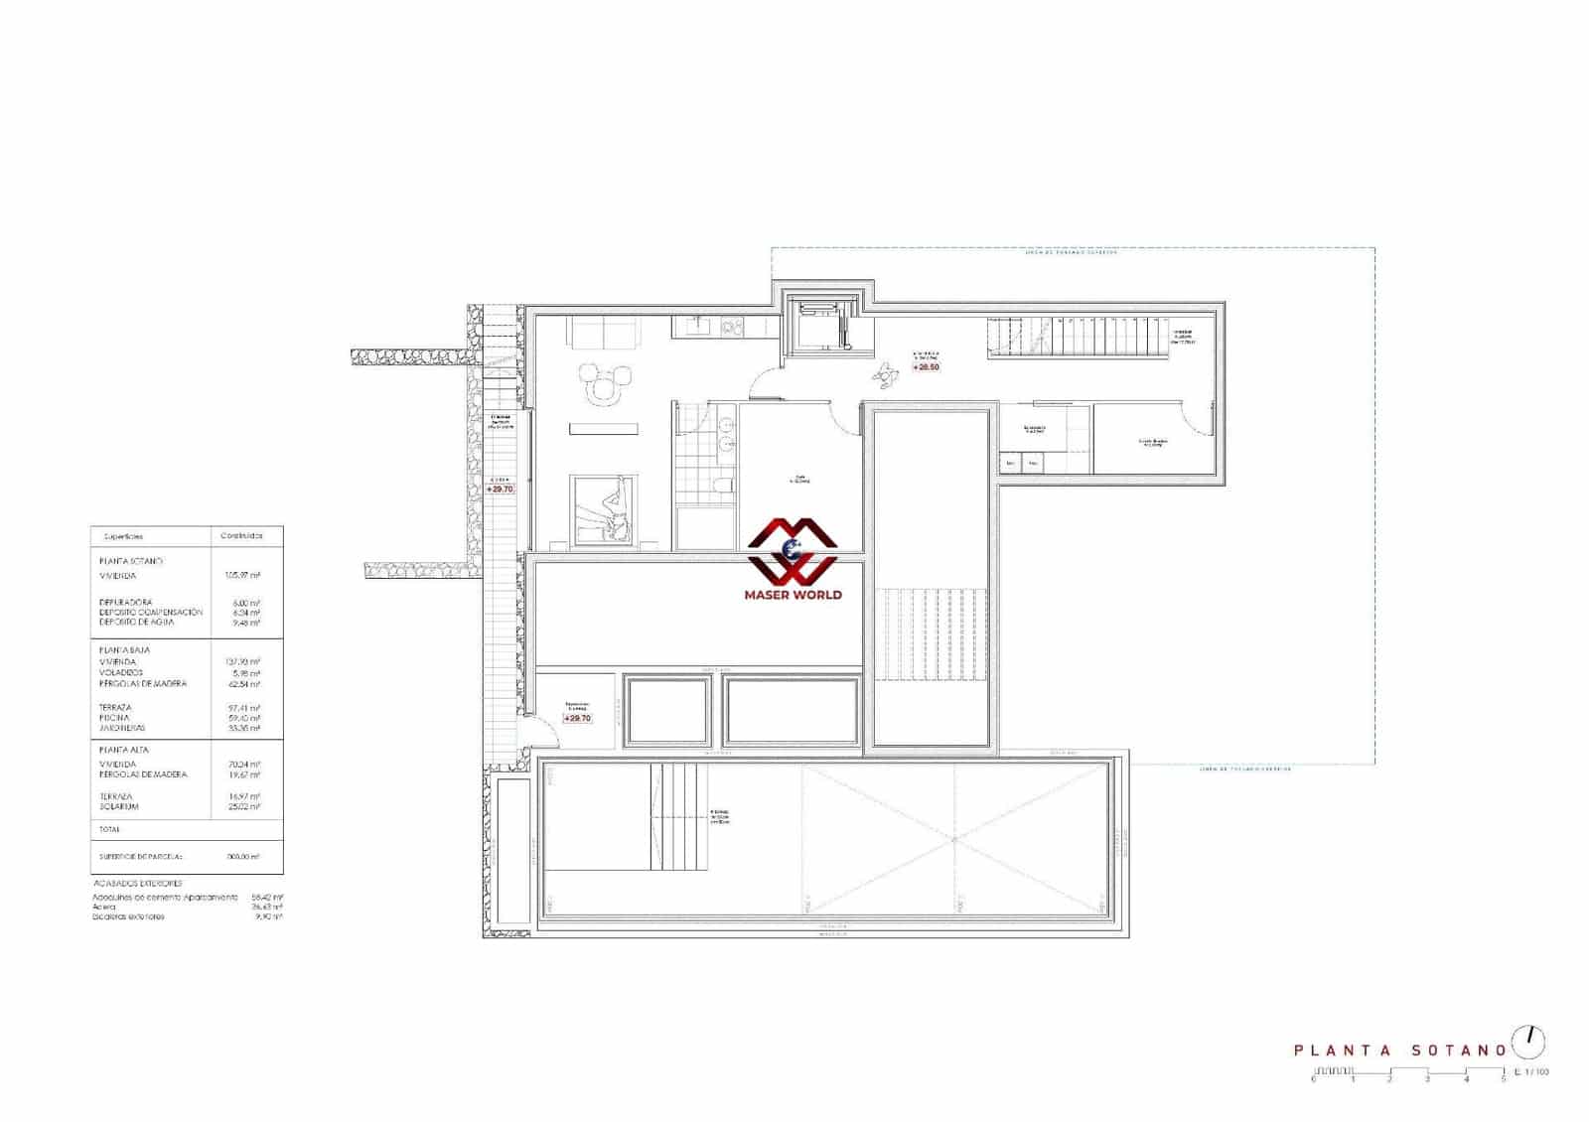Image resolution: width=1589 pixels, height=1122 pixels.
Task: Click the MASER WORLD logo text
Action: point(793,595)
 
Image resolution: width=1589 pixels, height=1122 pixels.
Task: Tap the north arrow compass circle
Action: point(1528,1043)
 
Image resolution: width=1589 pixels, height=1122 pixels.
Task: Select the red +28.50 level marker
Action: point(927,367)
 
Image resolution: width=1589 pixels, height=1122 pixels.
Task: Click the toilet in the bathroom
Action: point(723,485)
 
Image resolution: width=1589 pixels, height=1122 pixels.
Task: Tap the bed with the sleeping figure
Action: point(601,508)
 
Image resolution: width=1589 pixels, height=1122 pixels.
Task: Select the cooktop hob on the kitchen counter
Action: point(733,326)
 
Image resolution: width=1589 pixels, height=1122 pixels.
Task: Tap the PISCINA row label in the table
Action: point(115,718)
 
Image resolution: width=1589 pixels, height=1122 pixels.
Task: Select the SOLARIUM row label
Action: point(119,807)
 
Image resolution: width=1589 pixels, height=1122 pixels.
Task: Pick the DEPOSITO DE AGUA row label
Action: point(137,623)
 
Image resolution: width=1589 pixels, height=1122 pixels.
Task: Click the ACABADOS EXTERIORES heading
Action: point(138,883)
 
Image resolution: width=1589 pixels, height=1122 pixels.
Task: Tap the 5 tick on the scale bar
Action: point(1503,1078)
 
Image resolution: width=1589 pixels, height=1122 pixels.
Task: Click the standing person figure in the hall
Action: point(883,372)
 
